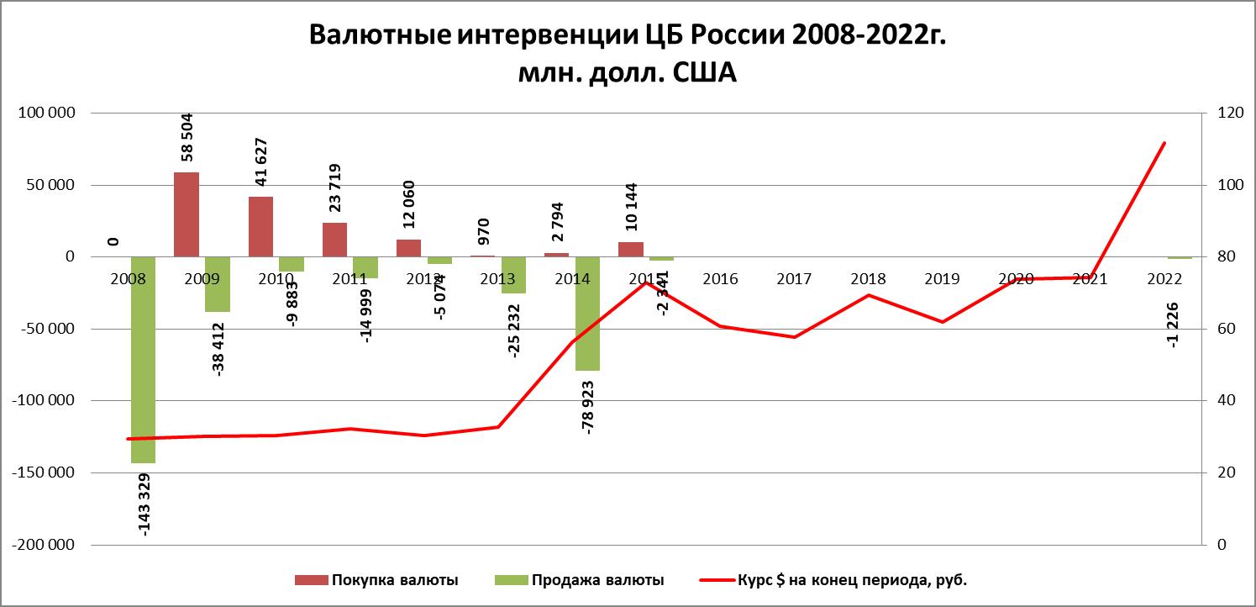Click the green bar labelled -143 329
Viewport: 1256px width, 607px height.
(143, 360)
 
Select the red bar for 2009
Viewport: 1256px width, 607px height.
(187, 214)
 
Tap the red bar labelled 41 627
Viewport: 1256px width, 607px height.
(260, 226)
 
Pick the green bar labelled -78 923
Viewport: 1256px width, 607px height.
(587, 313)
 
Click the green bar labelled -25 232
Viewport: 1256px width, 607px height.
(513, 275)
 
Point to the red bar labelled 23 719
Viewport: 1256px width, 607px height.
(334, 240)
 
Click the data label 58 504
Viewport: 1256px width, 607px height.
(187, 136)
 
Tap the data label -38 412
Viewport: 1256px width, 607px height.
(218, 346)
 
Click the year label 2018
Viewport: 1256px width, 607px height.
(868, 278)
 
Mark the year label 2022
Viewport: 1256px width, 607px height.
(1164, 278)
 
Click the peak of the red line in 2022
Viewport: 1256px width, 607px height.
(1164, 143)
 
